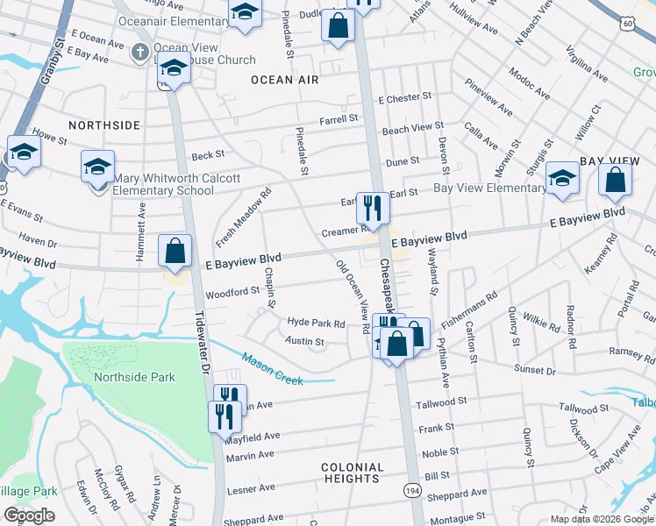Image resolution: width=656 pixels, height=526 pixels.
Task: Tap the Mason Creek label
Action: pyautogui.click(x=273, y=369)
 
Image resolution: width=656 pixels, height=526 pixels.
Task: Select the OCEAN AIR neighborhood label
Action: pyautogui.click(x=283, y=80)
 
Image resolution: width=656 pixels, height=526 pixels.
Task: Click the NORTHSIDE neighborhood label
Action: pyautogui.click(x=103, y=125)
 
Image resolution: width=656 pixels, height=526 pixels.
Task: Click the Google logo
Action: pyautogui.click(x=29, y=515)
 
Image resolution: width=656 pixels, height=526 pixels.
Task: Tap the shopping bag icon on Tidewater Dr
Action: pyautogui.click(x=175, y=251)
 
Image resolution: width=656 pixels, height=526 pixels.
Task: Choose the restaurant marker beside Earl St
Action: pyautogui.click(x=372, y=209)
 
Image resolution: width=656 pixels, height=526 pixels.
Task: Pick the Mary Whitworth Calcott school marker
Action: pyautogui.click(x=97, y=166)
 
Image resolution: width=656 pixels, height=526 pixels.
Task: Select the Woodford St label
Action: pyautogui.click(x=232, y=291)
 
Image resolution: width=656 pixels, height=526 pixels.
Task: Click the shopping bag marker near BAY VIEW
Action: pyautogui.click(x=615, y=180)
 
